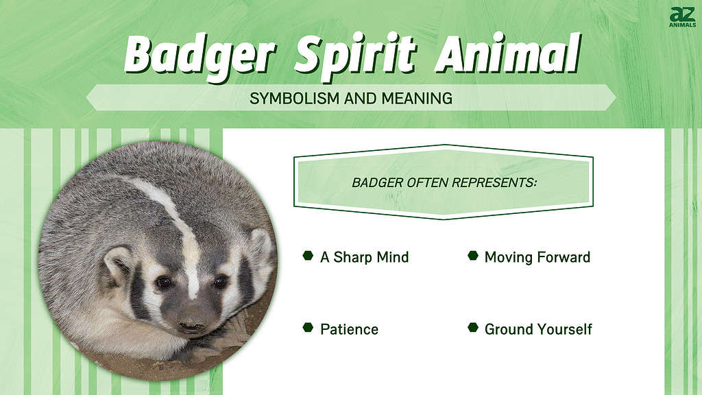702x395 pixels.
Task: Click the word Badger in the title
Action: tap(199, 56)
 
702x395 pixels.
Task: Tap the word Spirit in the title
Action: tap(356, 56)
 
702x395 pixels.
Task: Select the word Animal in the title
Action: tap(508, 53)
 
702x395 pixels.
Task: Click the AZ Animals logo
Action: tap(683, 17)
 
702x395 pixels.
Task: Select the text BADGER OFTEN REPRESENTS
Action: tap(444, 182)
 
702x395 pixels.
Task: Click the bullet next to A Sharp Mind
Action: tap(308, 256)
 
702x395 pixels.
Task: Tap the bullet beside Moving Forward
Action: tap(473, 256)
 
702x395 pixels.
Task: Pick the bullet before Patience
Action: tap(308, 328)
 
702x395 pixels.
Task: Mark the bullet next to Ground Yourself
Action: tap(473, 328)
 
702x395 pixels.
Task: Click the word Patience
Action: tap(349, 330)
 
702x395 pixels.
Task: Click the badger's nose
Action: tap(193, 322)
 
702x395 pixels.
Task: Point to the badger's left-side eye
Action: tap(163, 283)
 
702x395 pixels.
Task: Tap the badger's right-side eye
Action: tap(220, 281)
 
